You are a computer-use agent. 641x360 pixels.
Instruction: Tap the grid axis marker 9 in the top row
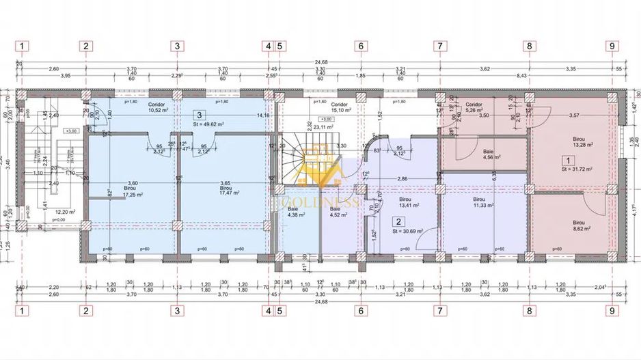(x=611, y=46)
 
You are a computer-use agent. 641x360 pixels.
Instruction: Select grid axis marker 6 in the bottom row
(x=359, y=311)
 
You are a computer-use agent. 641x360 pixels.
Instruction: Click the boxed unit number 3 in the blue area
(x=199, y=116)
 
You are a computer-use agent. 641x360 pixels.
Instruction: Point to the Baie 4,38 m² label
(x=299, y=212)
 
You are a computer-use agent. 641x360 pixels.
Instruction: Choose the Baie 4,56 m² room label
(x=489, y=154)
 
